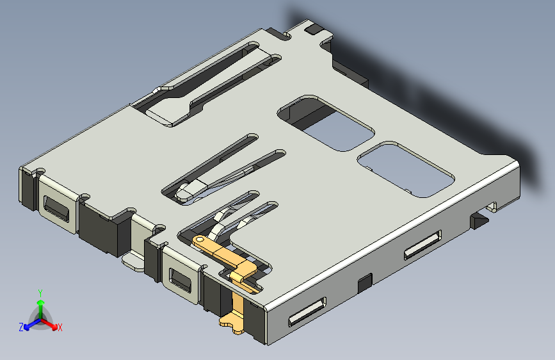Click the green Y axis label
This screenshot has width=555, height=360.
[40, 293]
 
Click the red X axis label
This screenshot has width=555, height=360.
[60, 328]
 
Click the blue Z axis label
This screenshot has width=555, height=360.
[21, 327]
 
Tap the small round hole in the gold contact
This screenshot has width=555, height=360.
[200, 240]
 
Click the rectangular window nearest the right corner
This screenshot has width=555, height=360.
[406, 168]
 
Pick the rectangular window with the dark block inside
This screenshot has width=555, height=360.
[325, 122]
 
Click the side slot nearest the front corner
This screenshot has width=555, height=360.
[307, 312]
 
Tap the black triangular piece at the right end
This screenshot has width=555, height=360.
[479, 222]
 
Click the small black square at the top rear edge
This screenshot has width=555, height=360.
[314, 29]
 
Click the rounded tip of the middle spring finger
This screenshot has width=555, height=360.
[189, 192]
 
